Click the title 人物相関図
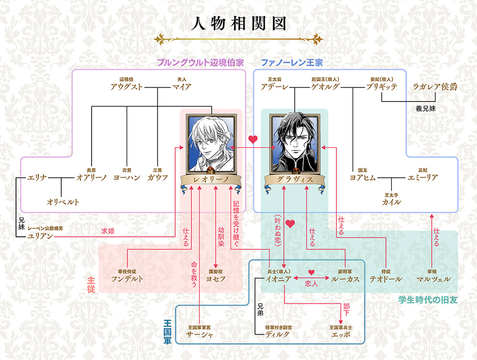coord(238,23)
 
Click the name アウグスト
coord(126,87)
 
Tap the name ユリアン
coord(41,236)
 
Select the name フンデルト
coord(127,279)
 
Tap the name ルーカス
coord(345,279)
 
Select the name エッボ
coord(342,334)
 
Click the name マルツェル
coord(434,279)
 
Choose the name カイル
coord(391,202)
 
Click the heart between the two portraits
coord(253,140)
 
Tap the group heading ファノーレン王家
coord(292,62)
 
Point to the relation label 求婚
coord(107,231)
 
